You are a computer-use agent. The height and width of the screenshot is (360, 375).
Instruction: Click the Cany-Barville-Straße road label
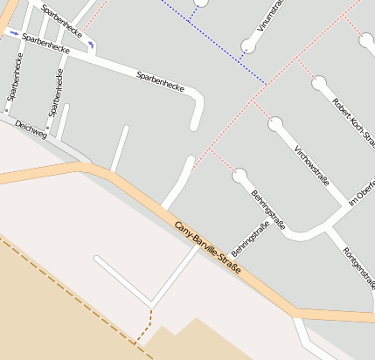pyautogui.click(x=207, y=249)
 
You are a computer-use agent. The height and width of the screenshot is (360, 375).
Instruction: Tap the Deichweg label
pyautogui.click(x=31, y=132)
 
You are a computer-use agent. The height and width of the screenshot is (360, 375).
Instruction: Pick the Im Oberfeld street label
pyautogui.click(x=361, y=190)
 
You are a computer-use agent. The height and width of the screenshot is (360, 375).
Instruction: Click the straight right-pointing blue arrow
pyautogui.click(x=12, y=33)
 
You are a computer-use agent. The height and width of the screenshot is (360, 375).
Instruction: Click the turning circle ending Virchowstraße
pyautogui.click(x=276, y=124)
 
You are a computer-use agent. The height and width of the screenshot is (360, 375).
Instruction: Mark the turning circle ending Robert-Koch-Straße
pyautogui.click(x=319, y=83)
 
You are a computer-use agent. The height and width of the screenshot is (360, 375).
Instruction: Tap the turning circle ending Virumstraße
pyautogui.click(x=250, y=45)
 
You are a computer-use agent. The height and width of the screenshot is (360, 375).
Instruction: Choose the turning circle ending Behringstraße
pyautogui.click(x=240, y=176)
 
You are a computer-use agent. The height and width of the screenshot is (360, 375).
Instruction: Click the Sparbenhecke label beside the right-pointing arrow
pyautogui.click(x=44, y=40)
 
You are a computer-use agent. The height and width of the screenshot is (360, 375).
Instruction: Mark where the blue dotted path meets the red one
pyautogui.click(x=267, y=84)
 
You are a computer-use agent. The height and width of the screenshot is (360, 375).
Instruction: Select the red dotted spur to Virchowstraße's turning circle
pyautogui.click(x=262, y=112)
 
